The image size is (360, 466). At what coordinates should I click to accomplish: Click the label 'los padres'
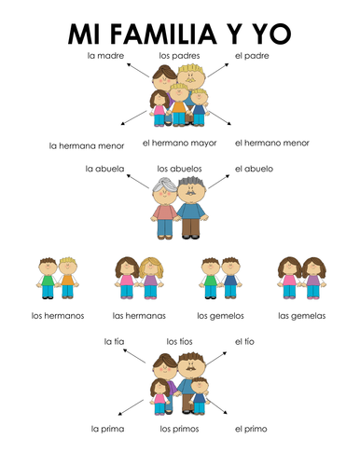[177, 57]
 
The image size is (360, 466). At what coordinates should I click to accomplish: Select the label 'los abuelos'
[177, 169]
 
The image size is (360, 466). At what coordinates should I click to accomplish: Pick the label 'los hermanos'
[58, 315]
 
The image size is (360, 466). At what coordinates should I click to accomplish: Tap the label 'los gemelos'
[221, 315]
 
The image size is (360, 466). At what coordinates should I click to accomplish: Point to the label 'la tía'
[113, 341]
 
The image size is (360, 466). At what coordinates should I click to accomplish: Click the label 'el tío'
[245, 341]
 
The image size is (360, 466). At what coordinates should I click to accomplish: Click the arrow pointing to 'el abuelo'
[217, 176]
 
